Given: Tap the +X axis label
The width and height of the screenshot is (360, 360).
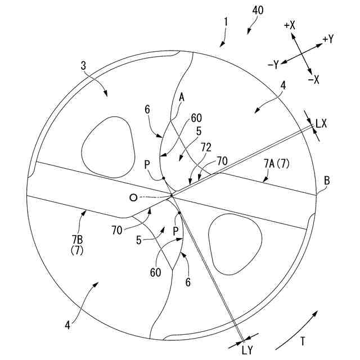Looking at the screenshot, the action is [x=290, y=25].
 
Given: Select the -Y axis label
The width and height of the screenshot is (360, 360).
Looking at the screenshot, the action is [x=273, y=65].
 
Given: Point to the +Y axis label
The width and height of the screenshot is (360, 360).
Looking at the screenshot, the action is [x=328, y=39].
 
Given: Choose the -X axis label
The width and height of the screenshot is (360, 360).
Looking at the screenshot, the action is [x=313, y=80].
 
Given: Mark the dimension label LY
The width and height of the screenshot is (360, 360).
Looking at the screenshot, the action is [x=247, y=349].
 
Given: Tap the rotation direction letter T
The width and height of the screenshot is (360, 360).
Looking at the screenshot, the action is [x=303, y=340].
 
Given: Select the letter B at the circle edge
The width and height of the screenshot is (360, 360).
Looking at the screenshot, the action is [x=327, y=181].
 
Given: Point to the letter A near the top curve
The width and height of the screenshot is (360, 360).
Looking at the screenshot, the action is [x=181, y=97].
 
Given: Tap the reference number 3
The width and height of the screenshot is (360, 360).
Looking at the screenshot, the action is [x=83, y=66].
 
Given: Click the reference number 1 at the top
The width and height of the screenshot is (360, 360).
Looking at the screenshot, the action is [x=226, y=22].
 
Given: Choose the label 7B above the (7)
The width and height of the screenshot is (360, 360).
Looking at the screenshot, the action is [x=76, y=240].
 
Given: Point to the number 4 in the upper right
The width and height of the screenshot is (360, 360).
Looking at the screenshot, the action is [x=283, y=85].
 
